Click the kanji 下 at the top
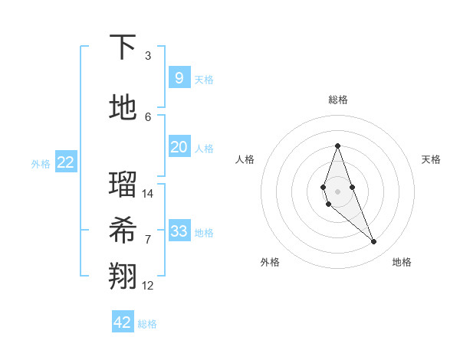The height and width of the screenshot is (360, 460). [x=123, y=47]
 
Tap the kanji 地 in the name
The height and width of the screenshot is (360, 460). [x=123, y=107]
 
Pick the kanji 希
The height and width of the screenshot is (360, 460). [x=123, y=231]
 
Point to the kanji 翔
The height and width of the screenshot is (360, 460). [x=123, y=277]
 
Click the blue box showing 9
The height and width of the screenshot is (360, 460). [x=179, y=77]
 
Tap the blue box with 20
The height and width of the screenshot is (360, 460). [x=179, y=147]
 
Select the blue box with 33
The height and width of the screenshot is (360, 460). [x=179, y=231]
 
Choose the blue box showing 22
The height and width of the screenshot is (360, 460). [x=66, y=162]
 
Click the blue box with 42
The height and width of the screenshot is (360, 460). [x=123, y=322]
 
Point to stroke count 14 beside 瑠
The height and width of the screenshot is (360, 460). [x=148, y=193]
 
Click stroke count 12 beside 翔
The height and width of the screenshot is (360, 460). [x=148, y=286]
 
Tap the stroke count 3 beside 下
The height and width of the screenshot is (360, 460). [x=148, y=56]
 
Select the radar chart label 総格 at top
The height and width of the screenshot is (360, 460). [x=337, y=100]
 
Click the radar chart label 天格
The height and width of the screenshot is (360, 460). [x=431, y=159]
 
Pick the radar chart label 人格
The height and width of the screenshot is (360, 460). [x=245, y=159]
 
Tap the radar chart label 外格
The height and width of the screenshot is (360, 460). [x=270, y=262]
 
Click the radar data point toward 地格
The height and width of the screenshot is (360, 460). [x=373, y=242]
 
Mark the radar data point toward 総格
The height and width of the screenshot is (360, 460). [x=337, y=146]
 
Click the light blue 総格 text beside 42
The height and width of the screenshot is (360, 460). [x=147, y=324]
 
